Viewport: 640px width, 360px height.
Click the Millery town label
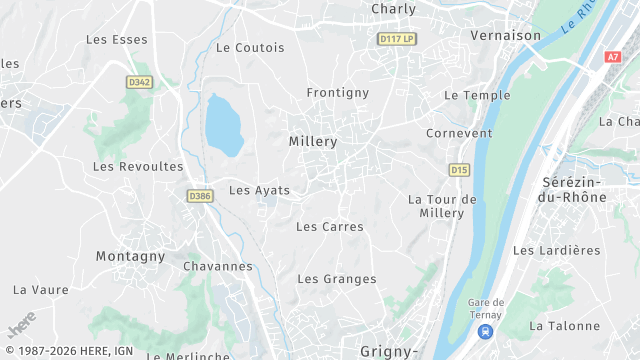pyautogui.click(x=313, y=142)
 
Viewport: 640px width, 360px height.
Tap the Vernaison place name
pyautogui.click(x=505, y=35)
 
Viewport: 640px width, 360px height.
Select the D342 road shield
pyautogui.click(x=140, y=82)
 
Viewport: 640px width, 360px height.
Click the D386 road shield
pyautogui.click(x=200, y=196)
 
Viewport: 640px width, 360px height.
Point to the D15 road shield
pyautogui.click(x=459, y=170)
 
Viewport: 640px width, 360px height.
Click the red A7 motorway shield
pyautogui.click(x=612, y=57)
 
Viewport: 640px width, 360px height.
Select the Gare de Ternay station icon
pyautogui.click(x=485, y=332)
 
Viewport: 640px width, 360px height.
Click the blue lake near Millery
pyautogui.click(x=223, y=125)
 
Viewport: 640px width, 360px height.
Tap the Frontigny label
pyautogui.click(x=337, y=93)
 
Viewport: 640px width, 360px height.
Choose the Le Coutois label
pyautogui.click(x=250, y=48)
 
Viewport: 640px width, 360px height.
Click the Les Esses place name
pyautogui.click(x=117, y=40)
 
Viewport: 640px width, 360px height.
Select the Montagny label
pyautogui.click(x=130, y=256)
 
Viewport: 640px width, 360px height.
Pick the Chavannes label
pyautogui.click(x=218, y=266)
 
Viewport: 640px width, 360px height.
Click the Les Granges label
pyautogui.click(x=337, y=279)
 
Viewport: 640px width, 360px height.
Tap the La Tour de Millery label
pyautogui.click(x=442, y=206)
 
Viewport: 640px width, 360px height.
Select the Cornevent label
pyautogui.click(x=459, y=133)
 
